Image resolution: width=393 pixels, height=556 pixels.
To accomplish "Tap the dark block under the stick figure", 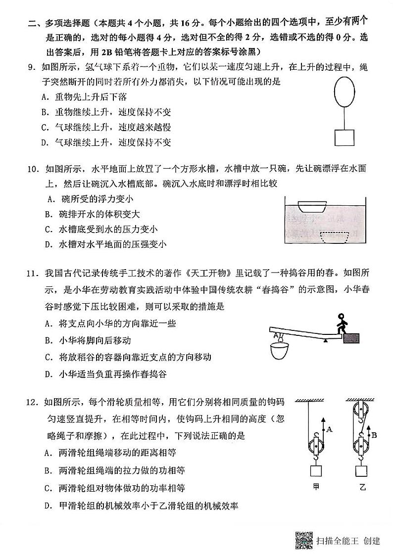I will (x=351, y=337).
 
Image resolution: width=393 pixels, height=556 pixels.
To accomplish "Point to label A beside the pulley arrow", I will (x=330, y=430).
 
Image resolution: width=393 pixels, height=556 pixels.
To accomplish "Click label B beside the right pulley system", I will (x=375, y=435).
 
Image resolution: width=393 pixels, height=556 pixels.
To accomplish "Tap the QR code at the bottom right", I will (x=304, y=540).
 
